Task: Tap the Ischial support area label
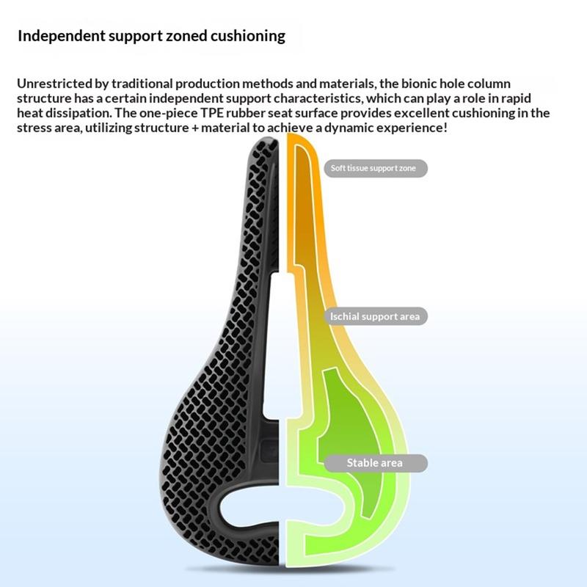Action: [374, 316]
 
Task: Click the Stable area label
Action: [374, 463]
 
